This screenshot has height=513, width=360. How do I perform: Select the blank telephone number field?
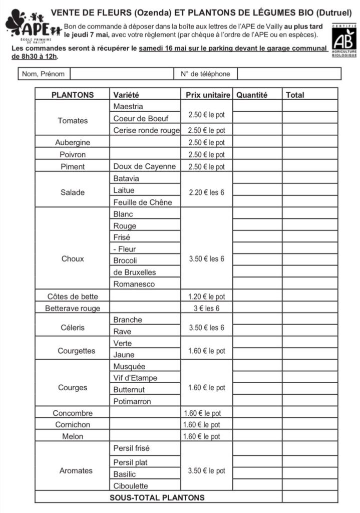coord(288,74)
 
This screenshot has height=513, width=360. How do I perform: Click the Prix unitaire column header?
coord(208,95)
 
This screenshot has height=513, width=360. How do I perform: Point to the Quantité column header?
coord(252,95)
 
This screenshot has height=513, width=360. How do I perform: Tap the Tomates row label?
coord(73,121)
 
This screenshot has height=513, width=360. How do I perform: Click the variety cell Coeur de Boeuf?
coord(141,119)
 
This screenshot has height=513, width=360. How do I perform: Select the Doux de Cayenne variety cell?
coord(145,167)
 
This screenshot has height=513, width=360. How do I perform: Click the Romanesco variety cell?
coord(134,284)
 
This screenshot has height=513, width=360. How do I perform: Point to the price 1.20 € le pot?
coord(207,297)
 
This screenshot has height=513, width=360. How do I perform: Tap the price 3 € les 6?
coord(207,309)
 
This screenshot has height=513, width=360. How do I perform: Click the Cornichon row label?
coord(73,425)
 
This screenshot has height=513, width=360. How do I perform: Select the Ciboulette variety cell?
coord(131,486)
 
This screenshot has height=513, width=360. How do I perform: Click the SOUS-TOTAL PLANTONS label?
coord(157,497)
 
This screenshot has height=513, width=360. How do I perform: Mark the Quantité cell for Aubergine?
coord(257,143)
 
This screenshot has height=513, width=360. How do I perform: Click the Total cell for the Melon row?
coord(310,437)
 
